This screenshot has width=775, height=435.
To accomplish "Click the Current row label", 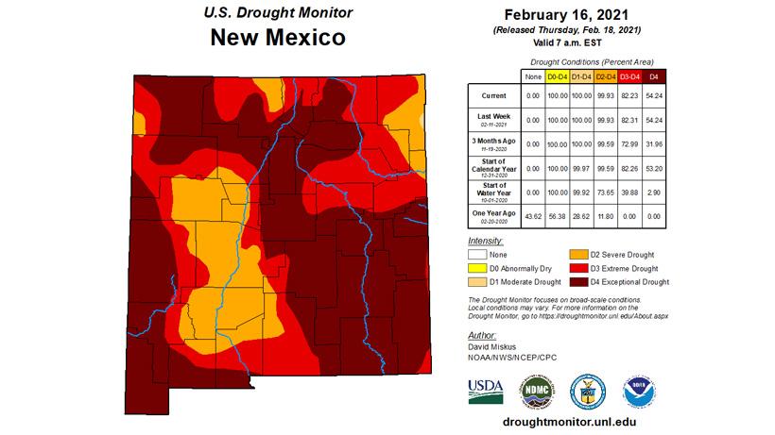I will coord(494,95).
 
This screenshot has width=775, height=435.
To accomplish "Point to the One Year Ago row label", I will coord(494,216).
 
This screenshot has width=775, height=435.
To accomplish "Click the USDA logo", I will coord(486,391).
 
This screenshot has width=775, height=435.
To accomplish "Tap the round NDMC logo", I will coord(536,391).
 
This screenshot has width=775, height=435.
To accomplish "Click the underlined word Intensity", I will coord(484,242).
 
